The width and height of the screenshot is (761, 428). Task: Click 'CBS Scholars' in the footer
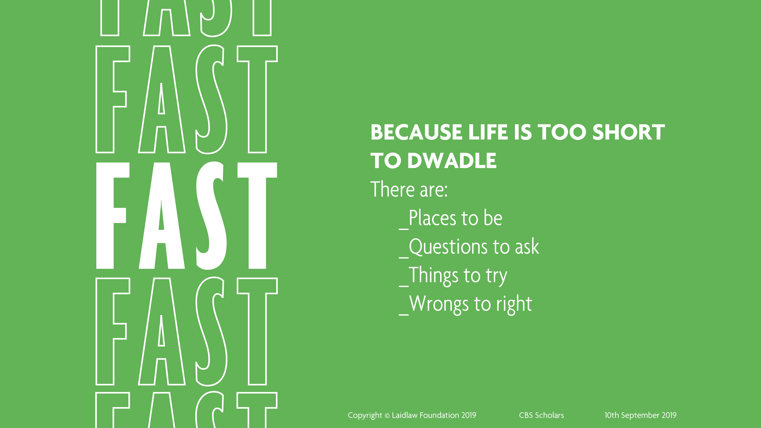(x=542, y=415)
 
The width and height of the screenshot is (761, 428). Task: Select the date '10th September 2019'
(x=640, y=415)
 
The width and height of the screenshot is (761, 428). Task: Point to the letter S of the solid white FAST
(x=211, y=216)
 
